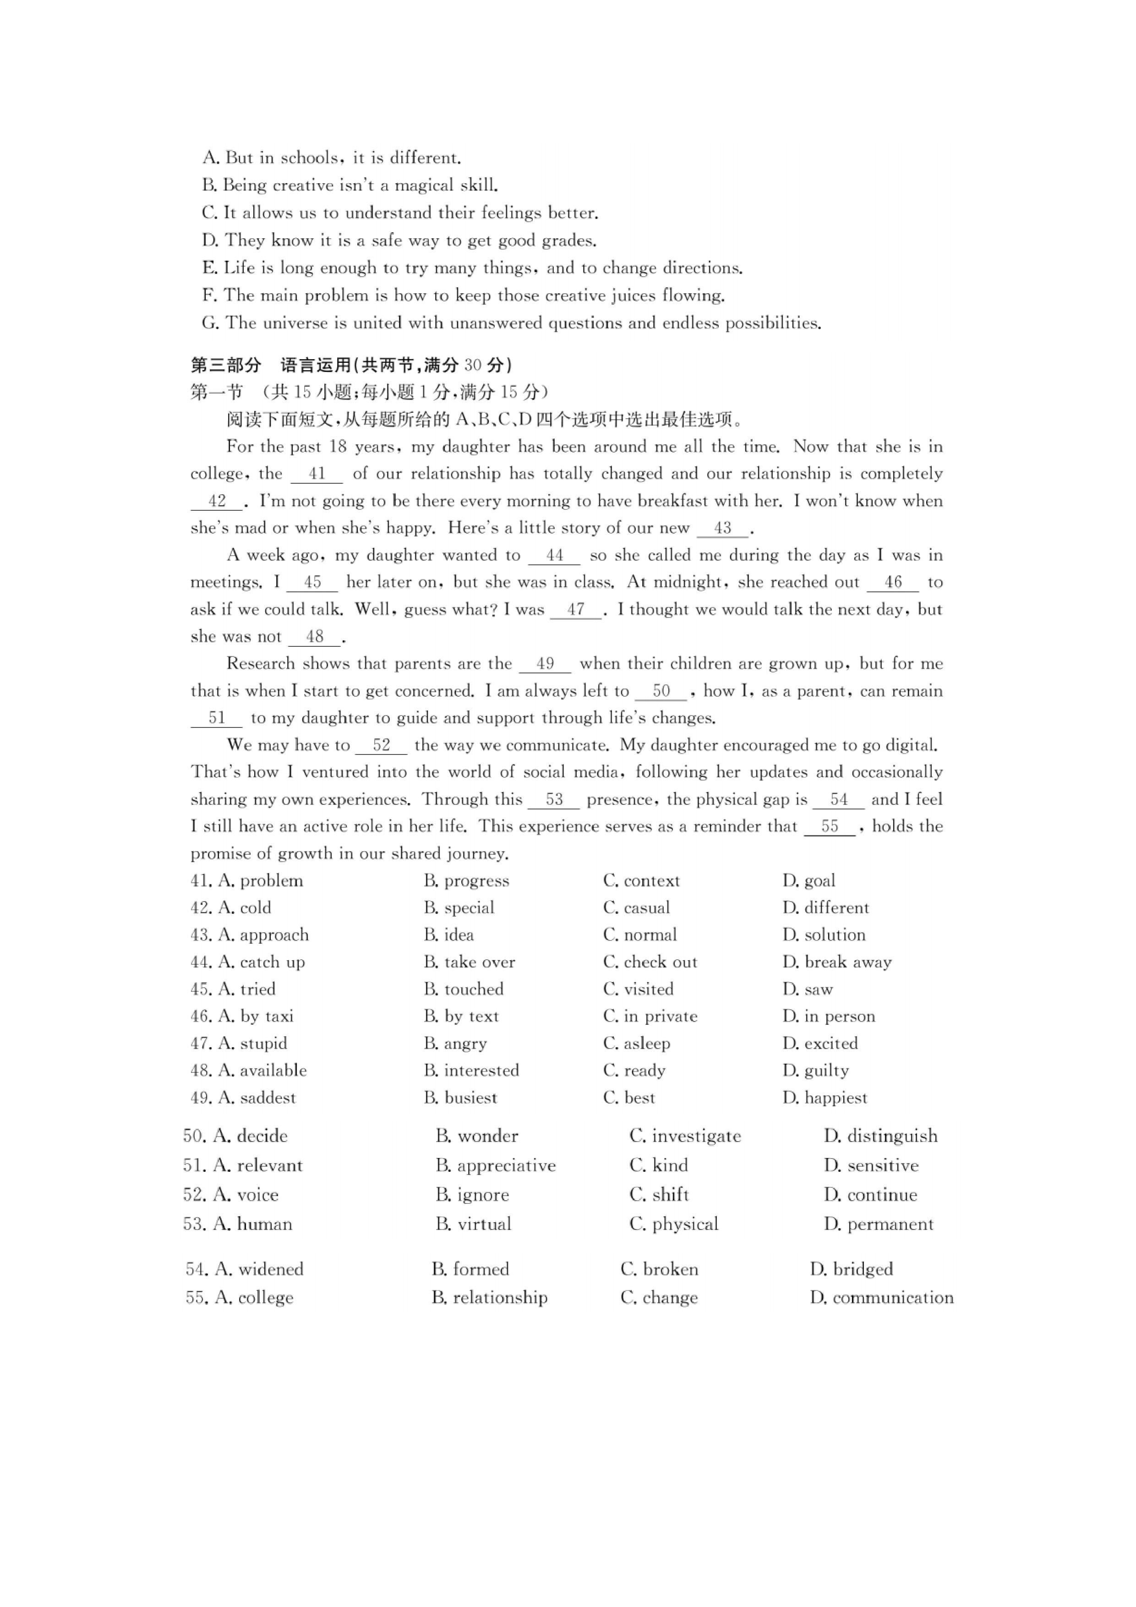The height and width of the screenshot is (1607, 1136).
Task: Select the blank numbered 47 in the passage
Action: click(x=575, y=610)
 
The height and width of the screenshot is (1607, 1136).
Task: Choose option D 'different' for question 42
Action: click(x=825, y=908)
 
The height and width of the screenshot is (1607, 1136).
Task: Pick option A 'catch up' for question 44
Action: click(x=261, y=962)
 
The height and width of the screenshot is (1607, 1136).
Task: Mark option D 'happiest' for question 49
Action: click(x=825, y=1098)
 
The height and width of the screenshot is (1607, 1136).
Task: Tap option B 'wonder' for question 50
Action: click(x=477, y=1136)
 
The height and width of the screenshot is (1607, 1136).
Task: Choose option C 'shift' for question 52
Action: click(x=659, y=1195)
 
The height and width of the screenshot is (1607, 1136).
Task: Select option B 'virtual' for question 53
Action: click(x=473, y=1224)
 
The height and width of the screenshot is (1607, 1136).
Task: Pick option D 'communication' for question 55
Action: click(x=881, y=1298)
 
